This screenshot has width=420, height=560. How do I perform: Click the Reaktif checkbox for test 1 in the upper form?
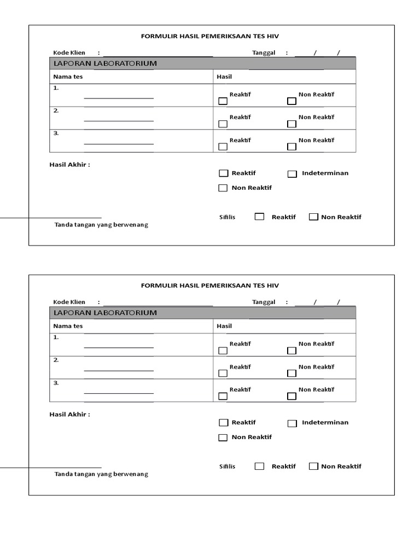[223, 101]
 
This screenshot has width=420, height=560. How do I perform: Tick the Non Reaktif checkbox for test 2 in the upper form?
[291, 124]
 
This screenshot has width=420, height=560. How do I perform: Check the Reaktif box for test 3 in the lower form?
[223, 396]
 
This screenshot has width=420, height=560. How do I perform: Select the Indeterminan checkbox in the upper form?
[292, 174]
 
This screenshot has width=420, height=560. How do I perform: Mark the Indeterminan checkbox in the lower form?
[292, 423]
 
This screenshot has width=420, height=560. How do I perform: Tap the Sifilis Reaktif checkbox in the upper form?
[259, 217]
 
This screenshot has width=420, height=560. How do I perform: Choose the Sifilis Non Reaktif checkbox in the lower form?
[313, 466]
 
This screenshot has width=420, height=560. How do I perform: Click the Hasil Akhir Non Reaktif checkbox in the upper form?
[223, 188]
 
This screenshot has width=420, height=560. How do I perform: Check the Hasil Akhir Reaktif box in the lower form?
[223, 423]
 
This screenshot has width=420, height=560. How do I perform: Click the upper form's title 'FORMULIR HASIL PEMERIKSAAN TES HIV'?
[210, 37]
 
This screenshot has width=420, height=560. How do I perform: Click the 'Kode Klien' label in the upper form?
[69, 53]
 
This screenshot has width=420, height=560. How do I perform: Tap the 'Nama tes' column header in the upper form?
[68, 77]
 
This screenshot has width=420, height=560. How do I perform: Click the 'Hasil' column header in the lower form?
[224, 326]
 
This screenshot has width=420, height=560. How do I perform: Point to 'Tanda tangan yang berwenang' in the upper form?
[101, 225]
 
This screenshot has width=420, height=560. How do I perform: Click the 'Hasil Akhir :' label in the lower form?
[70, 414]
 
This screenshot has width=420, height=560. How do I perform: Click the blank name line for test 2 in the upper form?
[119, 120]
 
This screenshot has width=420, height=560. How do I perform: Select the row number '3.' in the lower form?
[56, 383]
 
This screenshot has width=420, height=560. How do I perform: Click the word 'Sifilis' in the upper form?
[227, 217]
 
